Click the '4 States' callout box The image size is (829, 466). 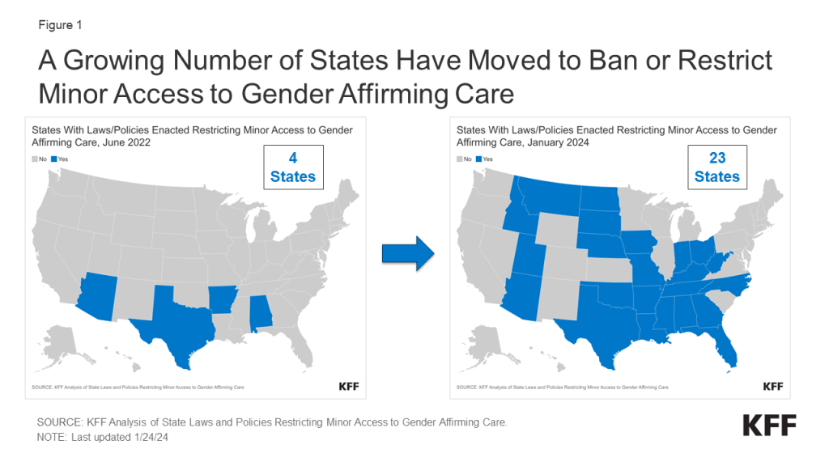pos(293,167)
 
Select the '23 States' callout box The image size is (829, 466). pos(717,167)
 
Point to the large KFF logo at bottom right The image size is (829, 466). pos(769,425)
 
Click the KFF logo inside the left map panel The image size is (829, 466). pos(348,387)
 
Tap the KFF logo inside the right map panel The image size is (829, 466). pos(772,387)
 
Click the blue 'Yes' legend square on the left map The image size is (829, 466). pos(53,159)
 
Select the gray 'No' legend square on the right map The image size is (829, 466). pos(459,159)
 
